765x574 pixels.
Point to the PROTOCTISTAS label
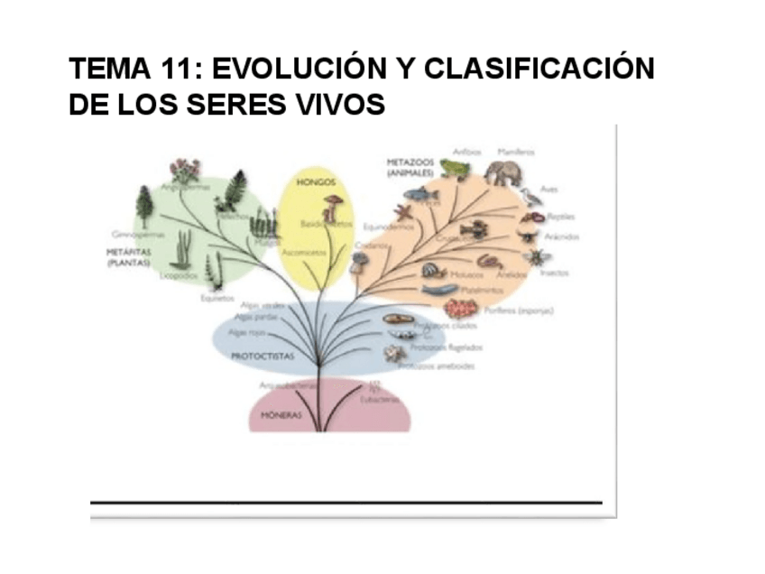point(263,356)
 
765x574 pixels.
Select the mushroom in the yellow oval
point(333,207)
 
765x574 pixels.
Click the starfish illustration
point(402,213)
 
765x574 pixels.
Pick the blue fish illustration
point(420,193)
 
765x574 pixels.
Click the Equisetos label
point(217,298)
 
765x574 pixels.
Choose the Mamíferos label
point(517,153)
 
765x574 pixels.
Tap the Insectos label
point(555,273)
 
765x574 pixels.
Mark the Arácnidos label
point(561,236)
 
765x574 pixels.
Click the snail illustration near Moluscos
point(432,269)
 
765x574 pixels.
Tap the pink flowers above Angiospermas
point(186,169)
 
